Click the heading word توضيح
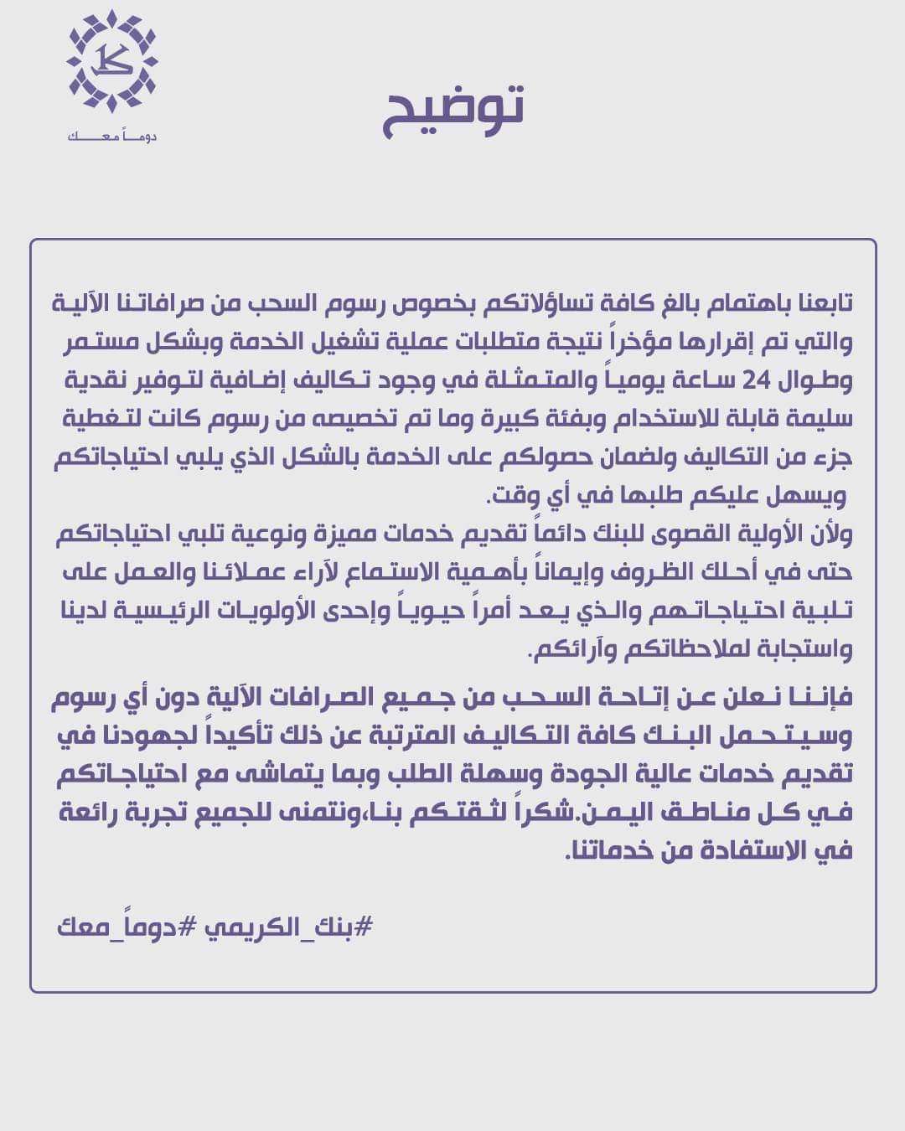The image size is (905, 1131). pyautogui.click(x=453, y=110)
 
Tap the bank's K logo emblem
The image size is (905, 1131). pyautogui.click(x=111, y=61)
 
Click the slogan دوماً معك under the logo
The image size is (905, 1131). pyautogui.click(x=111, y=137)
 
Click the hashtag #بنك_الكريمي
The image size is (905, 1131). pyautogui.click(x=289, y=927)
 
